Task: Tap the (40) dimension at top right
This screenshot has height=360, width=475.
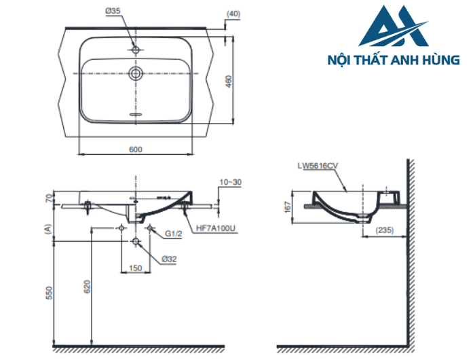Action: tap(233, 13)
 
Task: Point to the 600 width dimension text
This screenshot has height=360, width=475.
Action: tap(136, 150)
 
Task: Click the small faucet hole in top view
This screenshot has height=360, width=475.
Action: tap(136, 50)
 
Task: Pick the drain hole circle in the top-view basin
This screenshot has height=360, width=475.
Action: tap(136, 73)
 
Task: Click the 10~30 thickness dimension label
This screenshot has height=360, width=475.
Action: tap(230, 182)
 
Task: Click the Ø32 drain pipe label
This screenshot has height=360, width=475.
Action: tap(170, 258)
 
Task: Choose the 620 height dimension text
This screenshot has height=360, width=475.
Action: tap(86, 286)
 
